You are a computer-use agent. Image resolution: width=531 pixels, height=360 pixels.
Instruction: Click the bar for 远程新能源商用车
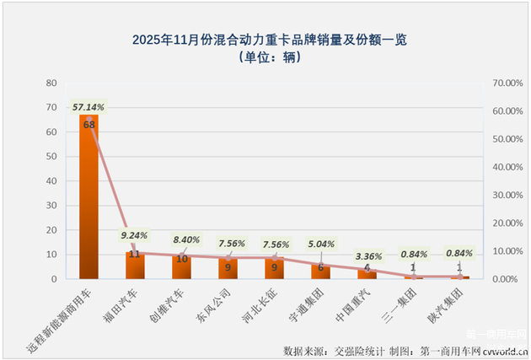(x=88, y=198)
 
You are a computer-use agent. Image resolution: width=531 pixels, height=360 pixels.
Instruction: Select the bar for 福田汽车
(x=135, y=266)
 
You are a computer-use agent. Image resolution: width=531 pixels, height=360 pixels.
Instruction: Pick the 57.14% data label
(x=88, y=107)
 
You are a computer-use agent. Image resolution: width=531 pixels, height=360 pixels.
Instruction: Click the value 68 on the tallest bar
(x=88, y=124)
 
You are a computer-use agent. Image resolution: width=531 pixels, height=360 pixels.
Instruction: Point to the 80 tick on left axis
(x=51, y=83)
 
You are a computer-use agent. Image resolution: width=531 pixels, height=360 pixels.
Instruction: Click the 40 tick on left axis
(x=51, y=180)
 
